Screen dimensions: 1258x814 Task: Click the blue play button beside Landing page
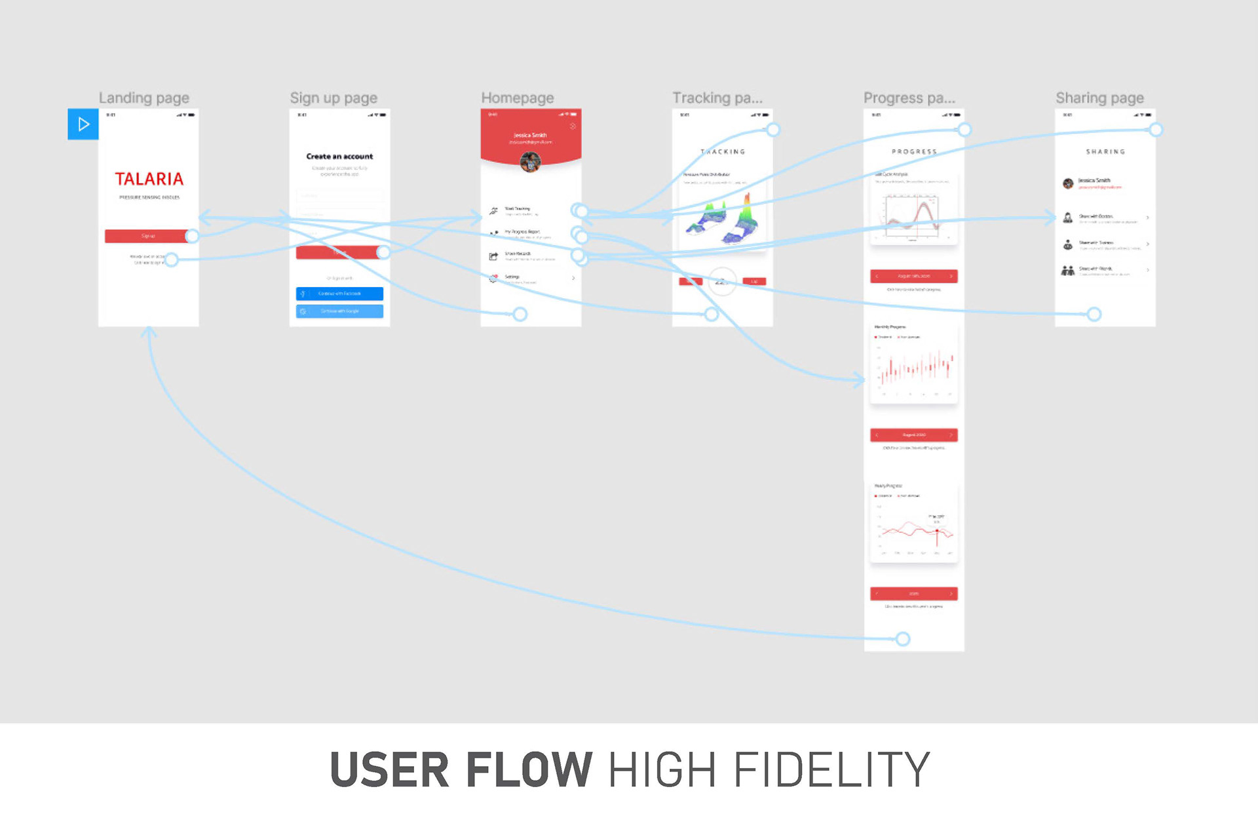click(x=83, y=124)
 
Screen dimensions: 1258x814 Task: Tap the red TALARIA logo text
click(x=149, y=179)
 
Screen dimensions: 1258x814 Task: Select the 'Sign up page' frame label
click(x=334, y=98)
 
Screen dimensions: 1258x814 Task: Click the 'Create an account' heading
click(x=339, y=157)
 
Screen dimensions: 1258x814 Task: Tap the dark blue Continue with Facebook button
click(x=339, y=294)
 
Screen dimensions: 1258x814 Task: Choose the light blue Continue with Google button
click(x=339, y=311)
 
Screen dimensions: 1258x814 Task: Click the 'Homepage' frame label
click(x=517, y=98)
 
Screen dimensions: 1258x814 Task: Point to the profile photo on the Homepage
click(x=530, y=161)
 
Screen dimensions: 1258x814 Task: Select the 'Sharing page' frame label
click(x=1099, y=98)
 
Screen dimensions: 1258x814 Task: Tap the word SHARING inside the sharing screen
click(x=1105, y=152)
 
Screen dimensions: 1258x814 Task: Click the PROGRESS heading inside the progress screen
click(x=914, y=152)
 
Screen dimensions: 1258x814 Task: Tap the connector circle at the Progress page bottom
click(x=903, y=639)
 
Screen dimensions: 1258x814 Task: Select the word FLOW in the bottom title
click(x=529, y=769)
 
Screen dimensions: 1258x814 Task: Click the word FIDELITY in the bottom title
click(x=832, y=769)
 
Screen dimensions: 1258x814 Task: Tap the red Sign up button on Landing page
click(x=147, y=236)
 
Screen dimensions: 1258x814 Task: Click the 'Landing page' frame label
click(x=144, y=98)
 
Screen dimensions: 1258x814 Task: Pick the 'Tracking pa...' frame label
click(x=717, y=98)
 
